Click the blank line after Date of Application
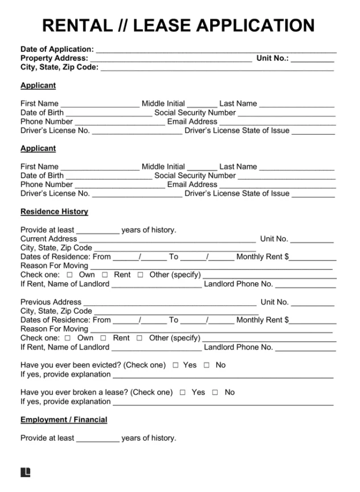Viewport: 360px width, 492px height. [216, 50]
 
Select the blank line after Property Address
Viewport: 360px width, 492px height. [171, 59]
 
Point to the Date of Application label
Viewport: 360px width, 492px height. [57, 50]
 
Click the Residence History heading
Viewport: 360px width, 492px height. [54, 212]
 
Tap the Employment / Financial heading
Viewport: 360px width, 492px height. [64, 420]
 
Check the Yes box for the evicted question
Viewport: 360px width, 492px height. [175, 365]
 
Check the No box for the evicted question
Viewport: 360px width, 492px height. [207, 365]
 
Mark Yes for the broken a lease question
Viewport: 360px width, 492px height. [183, 393]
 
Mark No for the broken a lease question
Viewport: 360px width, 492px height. [215, 393]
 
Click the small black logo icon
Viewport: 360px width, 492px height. [25, 472]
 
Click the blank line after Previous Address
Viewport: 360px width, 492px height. [170, 303]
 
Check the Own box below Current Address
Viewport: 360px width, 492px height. [70, 275]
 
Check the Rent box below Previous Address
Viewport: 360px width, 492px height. [104, 339]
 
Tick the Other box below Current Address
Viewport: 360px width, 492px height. [141, 275]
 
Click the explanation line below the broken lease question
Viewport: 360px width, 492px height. [223, 402]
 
